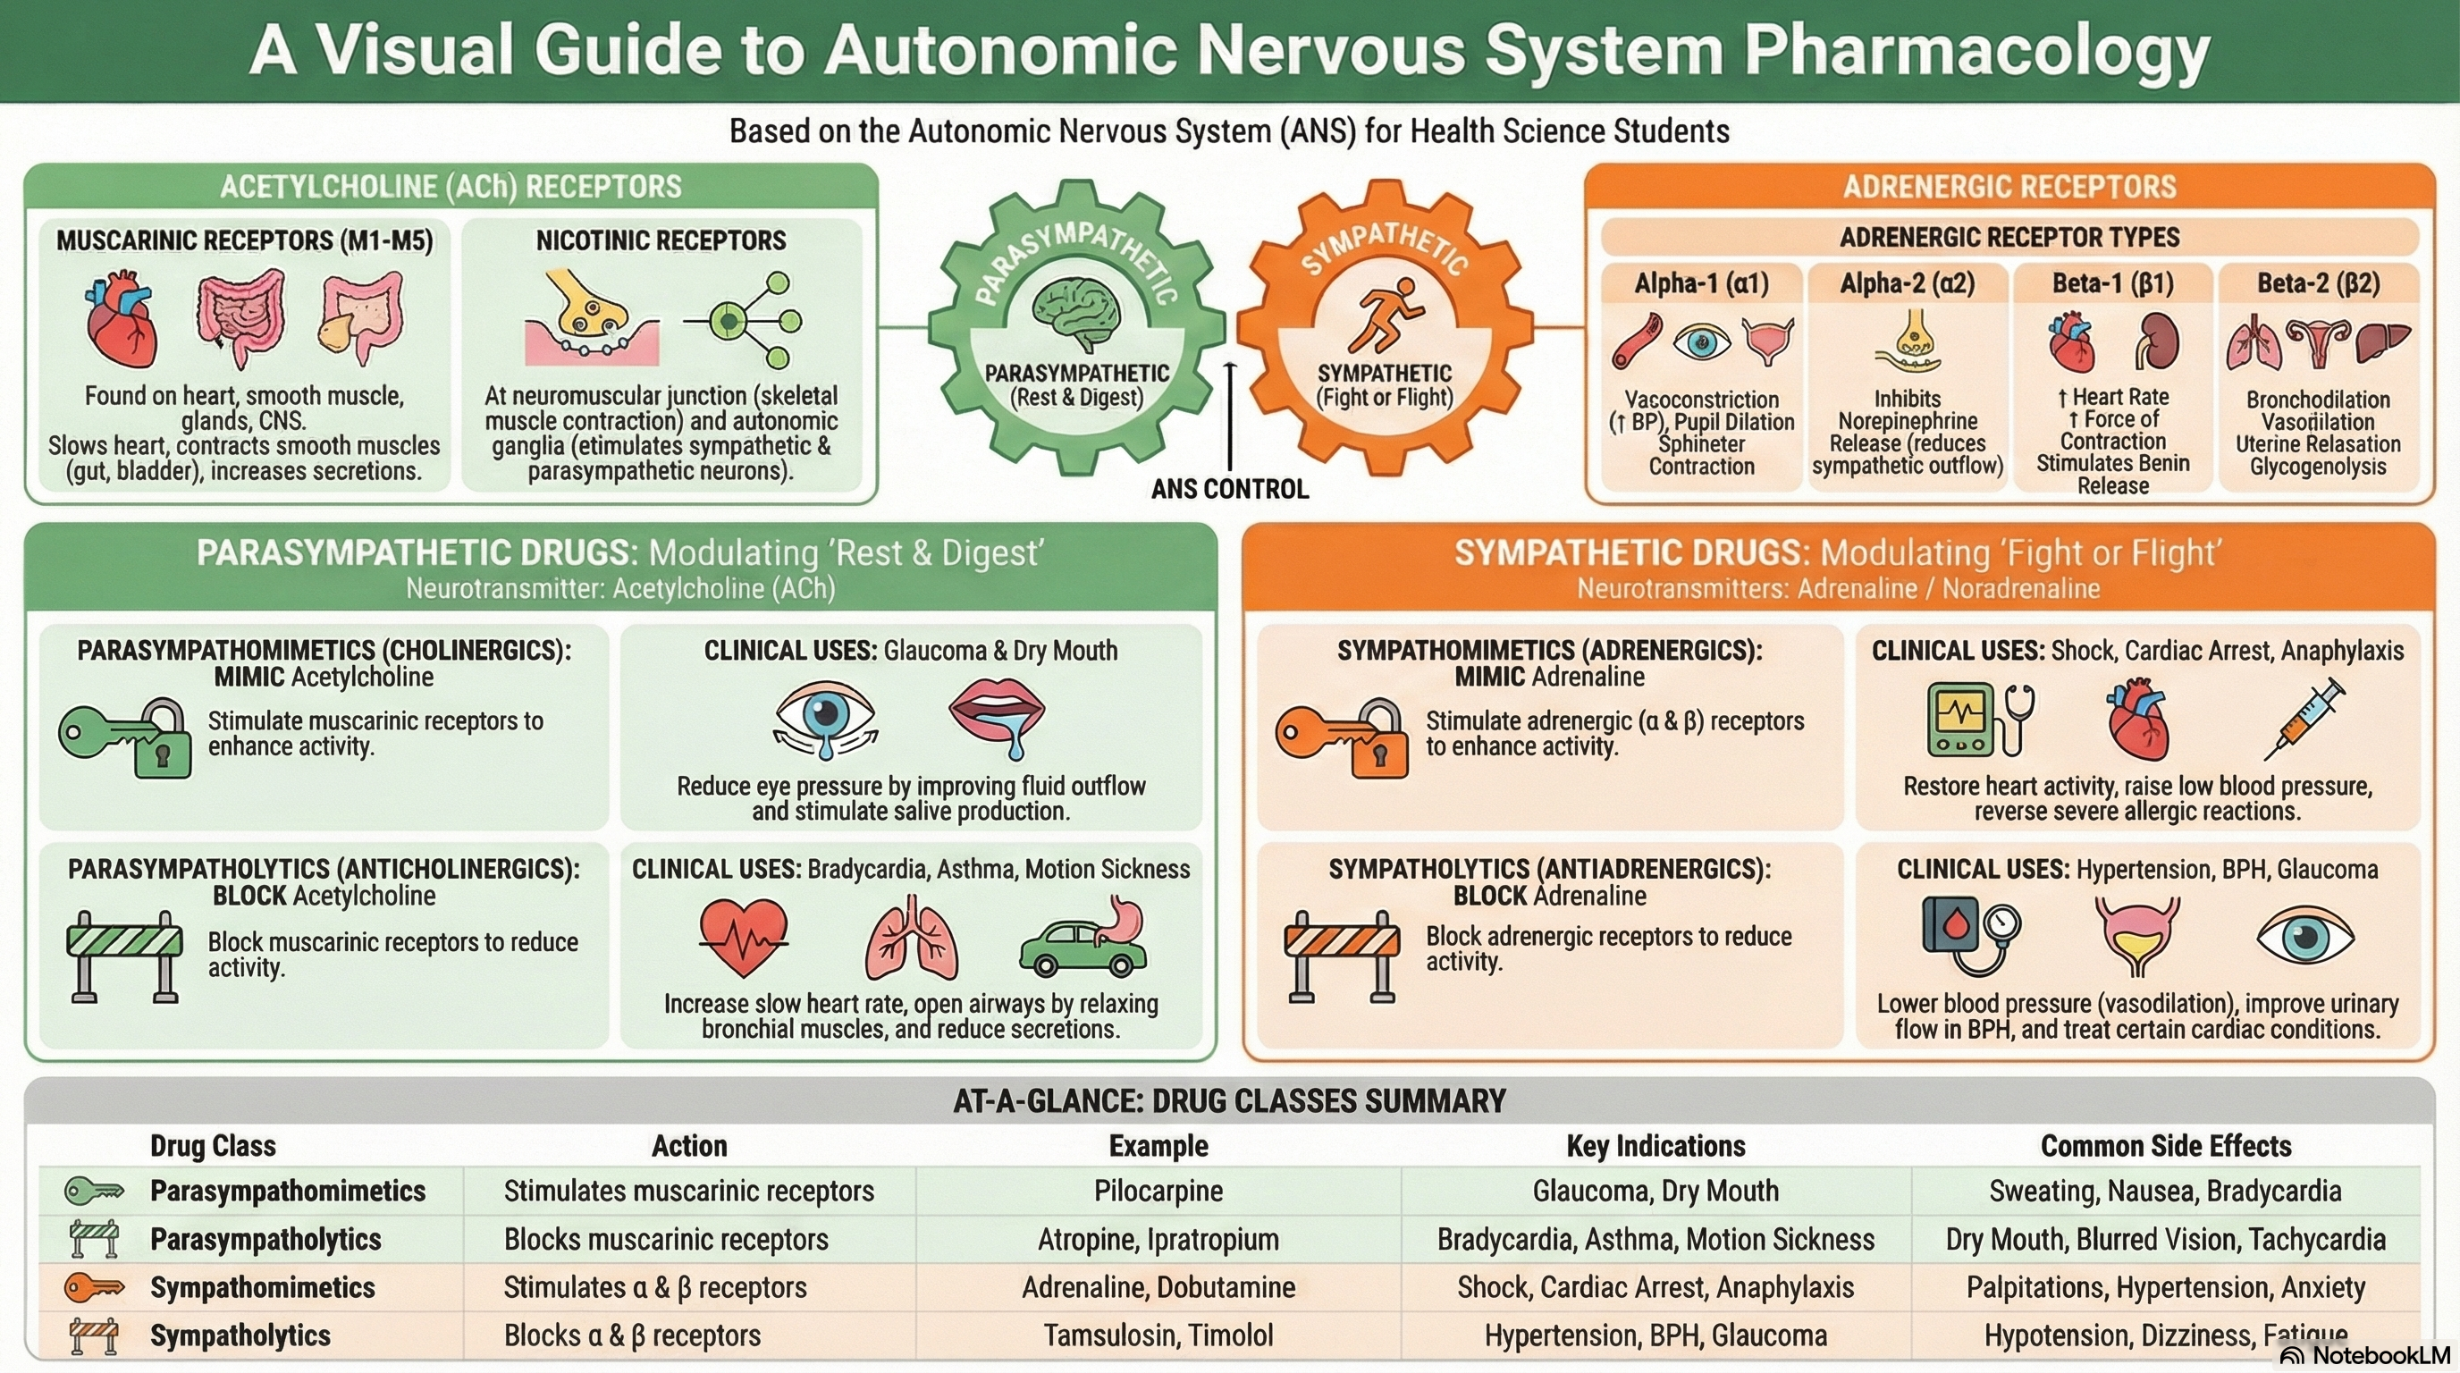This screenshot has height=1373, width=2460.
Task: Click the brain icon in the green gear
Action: pyautogui.click(x=1076, y=312)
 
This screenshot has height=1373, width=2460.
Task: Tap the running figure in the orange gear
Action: pyautogui.click(x=1386, y=314)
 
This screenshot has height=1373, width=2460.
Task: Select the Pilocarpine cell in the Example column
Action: pyautogui.click(x=1158, y=1191)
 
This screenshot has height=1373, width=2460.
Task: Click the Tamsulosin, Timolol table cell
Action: pyautogui.click(x=1158, y=1335)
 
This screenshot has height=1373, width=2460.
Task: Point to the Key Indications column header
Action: pyautogui.click(x=1655, y=1146)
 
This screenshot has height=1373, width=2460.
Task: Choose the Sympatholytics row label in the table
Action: pyautogui.click(x=240, y=1335)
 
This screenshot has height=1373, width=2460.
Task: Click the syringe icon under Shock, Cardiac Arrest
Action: pyautogui.click(x=2304, y=718)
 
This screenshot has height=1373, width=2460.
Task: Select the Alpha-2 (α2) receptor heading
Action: pyautogui.click(x=1907, y=283)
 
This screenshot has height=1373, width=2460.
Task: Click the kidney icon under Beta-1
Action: pyautogui.click(x=2157, y=341)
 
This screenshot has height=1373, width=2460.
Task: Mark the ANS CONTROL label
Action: pyautogui.click(x=1229, y=489)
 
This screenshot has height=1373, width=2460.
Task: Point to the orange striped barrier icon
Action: pyautogui.click(x=1341, y=955)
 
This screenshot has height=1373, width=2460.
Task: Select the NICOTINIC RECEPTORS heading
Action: pyautogui.click(x=661, y=240)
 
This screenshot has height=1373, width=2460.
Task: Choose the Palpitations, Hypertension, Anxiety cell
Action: pyautogui.click(x=2165, y=1287)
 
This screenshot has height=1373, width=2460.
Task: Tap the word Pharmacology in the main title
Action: pyautogui.click(x=1976, y=50)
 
